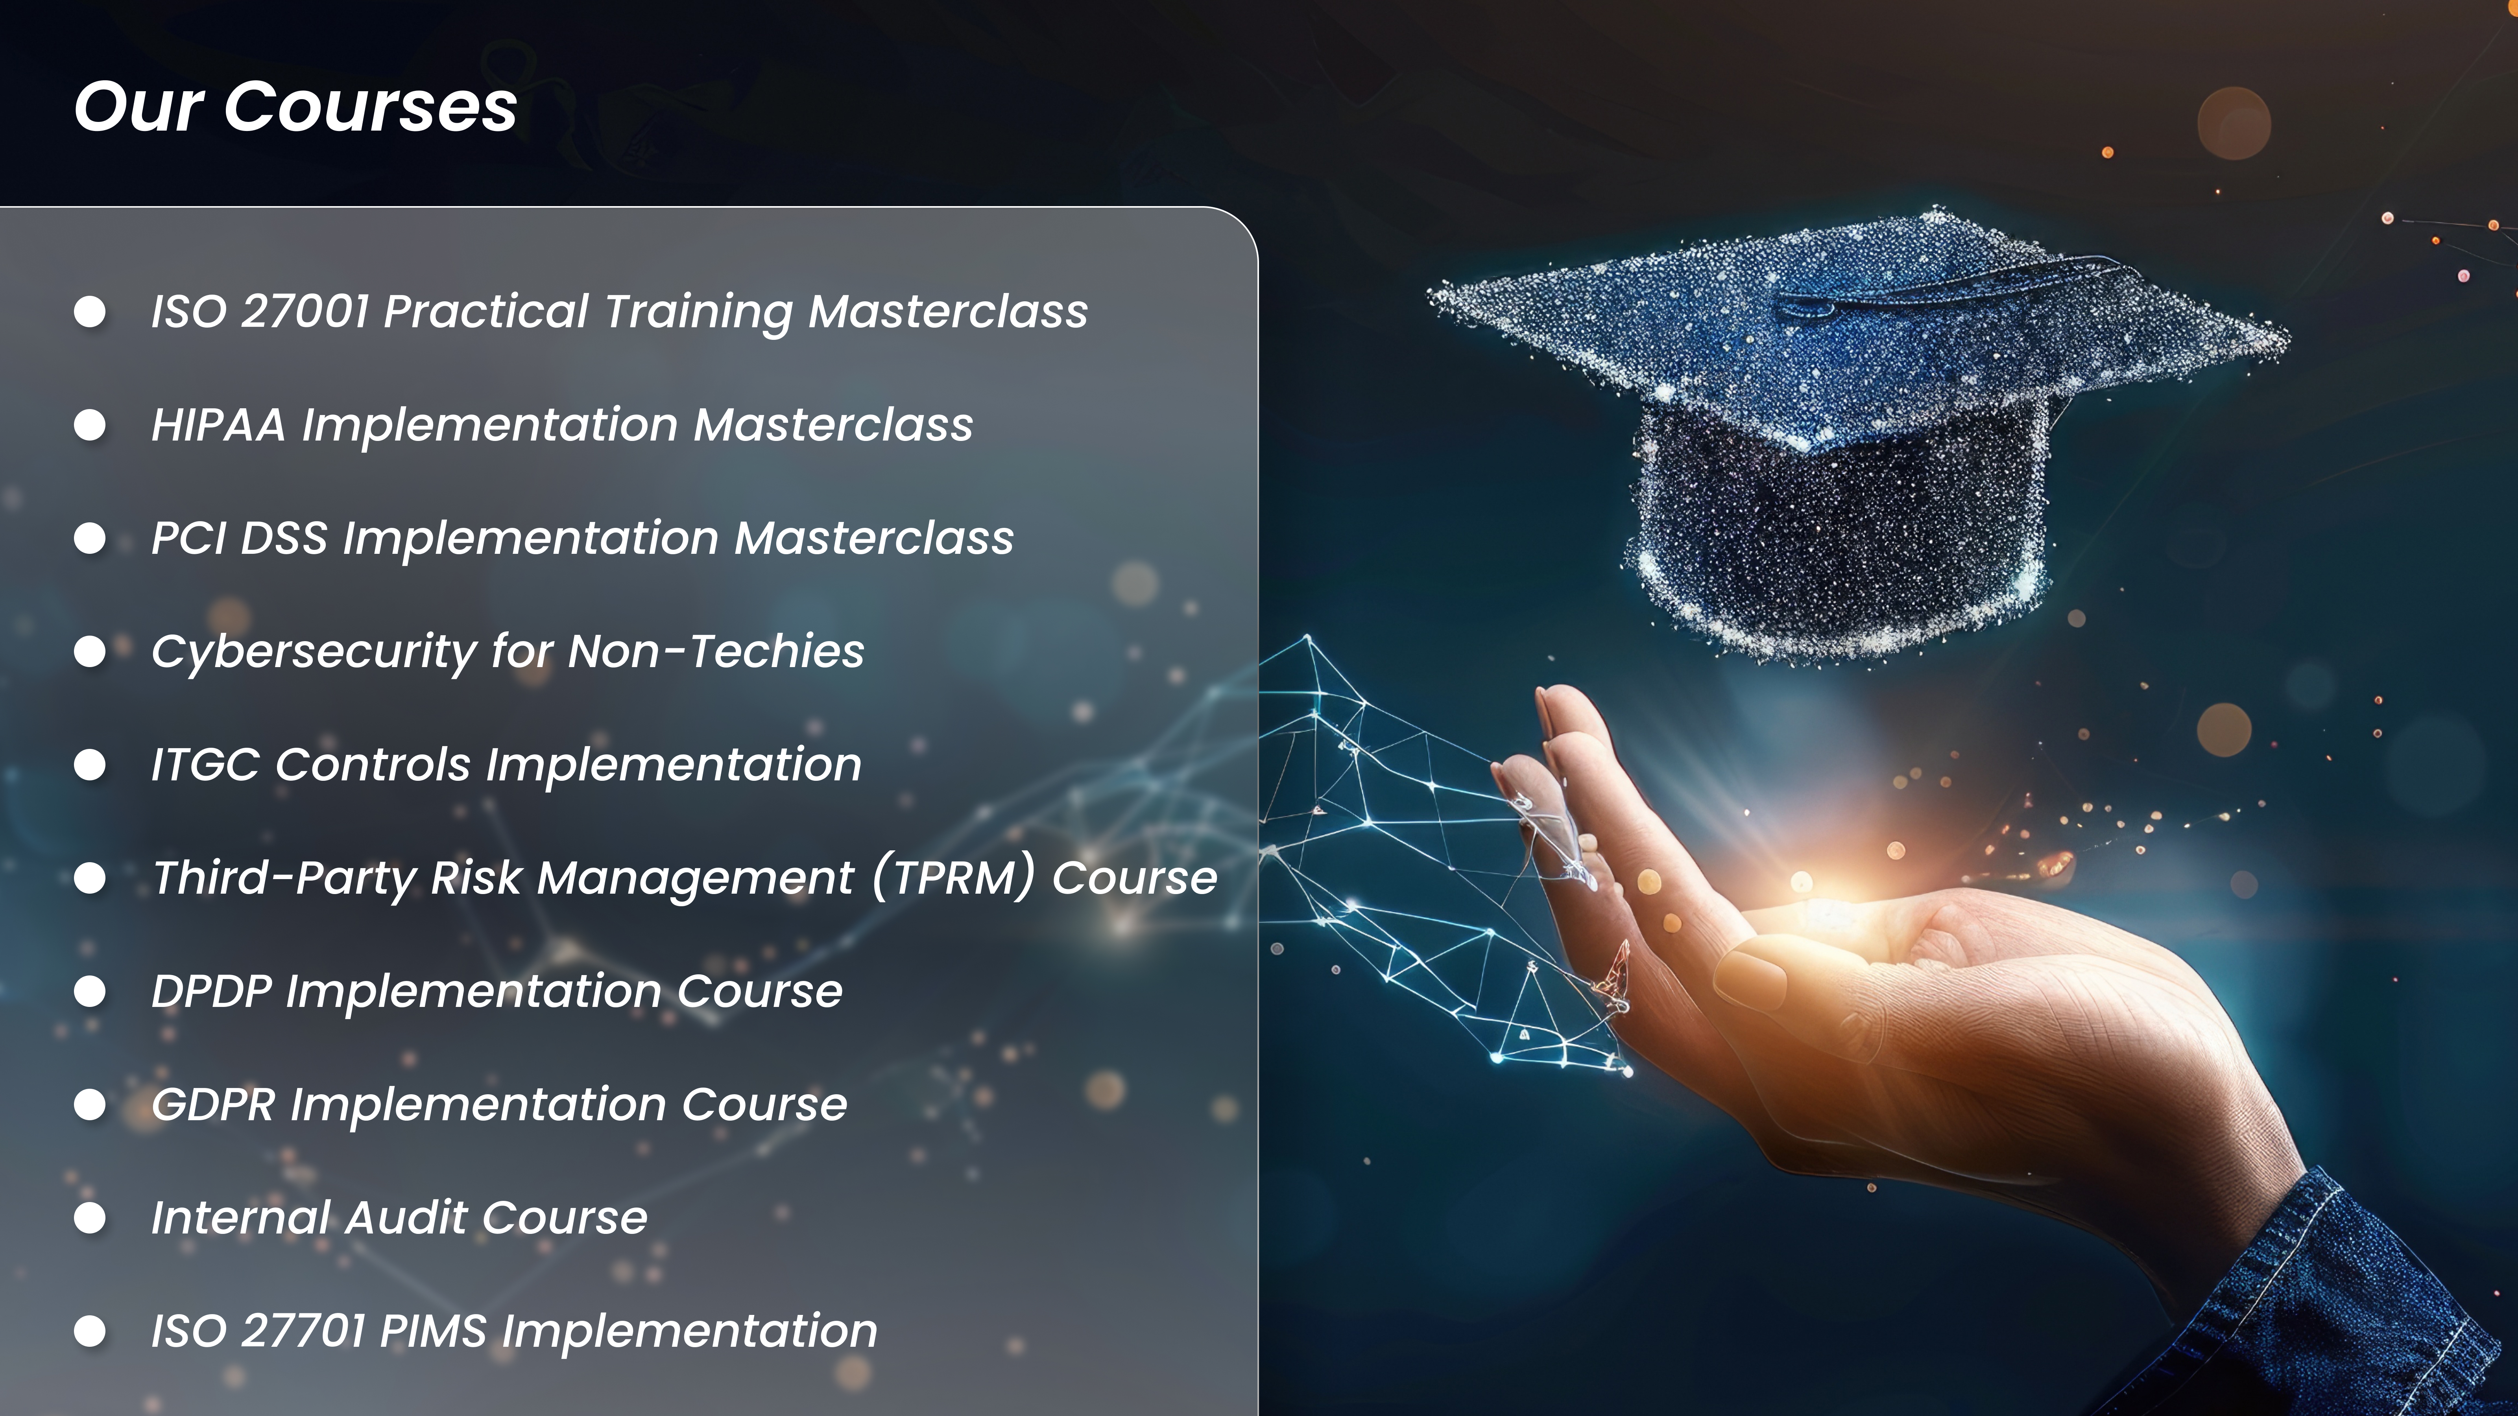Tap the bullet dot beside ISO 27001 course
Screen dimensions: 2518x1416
(90, 312)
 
